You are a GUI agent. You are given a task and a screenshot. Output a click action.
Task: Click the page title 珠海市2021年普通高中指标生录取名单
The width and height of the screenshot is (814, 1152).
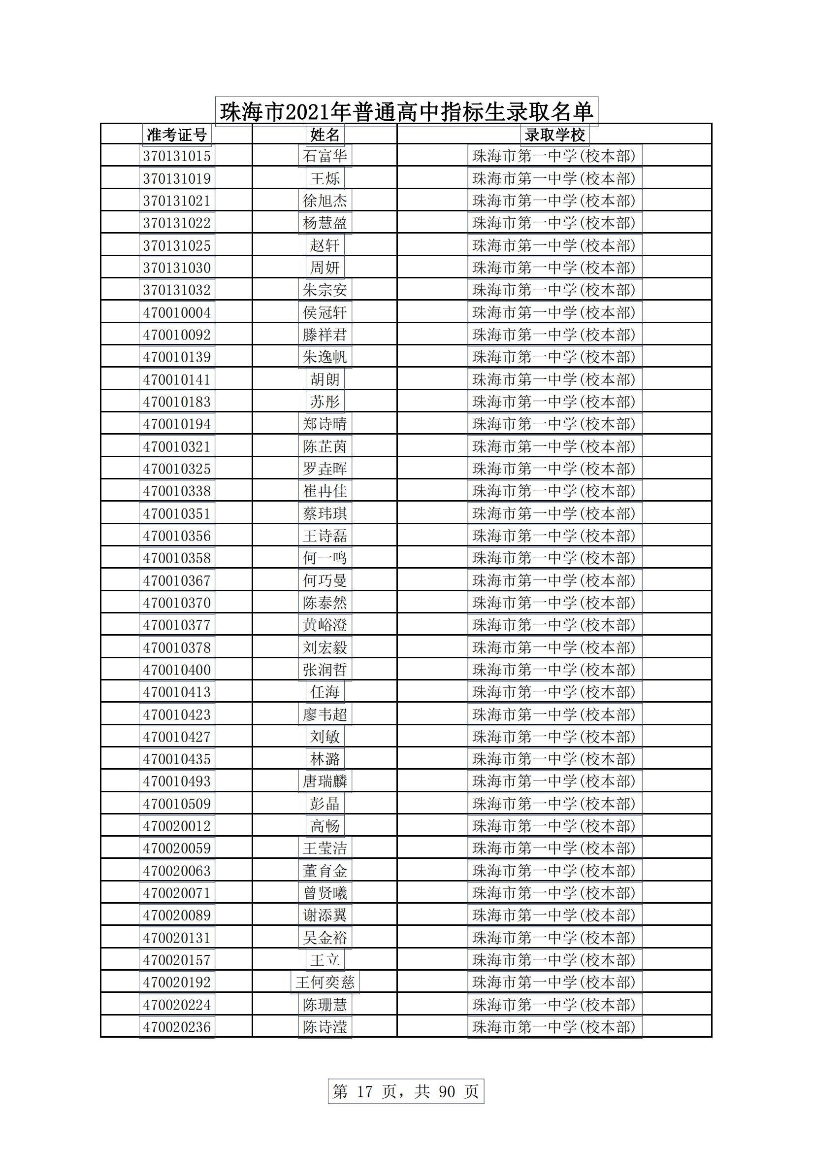(406, 111)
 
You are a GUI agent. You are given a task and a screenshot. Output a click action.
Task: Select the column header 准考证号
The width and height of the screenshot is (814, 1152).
(177, 135)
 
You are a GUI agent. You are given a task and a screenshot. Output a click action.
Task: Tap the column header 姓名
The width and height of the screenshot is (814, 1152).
(325, 135)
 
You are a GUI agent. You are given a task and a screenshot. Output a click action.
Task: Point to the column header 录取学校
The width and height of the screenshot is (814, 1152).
(554, 135)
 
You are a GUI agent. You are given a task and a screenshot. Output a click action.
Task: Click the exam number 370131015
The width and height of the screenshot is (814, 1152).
(177, 156)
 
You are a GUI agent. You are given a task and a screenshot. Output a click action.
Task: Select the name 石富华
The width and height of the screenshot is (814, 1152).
(325, 156)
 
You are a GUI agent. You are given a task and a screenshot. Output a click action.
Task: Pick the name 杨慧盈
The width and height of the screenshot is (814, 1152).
(325, 223)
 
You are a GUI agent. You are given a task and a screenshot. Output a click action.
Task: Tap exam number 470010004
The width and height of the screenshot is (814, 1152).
(177, 312)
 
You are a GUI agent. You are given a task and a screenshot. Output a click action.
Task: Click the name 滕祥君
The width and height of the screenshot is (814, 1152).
(325, 335)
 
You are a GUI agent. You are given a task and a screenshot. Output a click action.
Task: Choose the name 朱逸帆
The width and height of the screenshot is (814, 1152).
(325, 357)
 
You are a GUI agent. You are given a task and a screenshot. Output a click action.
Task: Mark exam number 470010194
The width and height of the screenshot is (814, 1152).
(177, 424)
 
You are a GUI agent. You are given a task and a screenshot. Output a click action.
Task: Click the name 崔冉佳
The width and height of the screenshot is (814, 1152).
(325, 491)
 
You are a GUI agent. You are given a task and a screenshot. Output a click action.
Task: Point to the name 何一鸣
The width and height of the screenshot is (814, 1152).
(325, 558)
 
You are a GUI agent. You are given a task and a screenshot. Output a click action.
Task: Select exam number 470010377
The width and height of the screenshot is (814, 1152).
(177, 625)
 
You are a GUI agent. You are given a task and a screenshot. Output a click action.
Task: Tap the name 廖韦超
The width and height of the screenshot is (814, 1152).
(325, 714)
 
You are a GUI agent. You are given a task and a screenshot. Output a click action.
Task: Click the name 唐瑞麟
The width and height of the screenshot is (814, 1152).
(325, 781)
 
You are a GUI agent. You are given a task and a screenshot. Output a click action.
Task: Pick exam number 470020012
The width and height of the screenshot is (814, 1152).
(177, 826)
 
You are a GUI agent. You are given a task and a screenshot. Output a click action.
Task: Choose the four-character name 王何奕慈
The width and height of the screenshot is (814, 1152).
(325, 983)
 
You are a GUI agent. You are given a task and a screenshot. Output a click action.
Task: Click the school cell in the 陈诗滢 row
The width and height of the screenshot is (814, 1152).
(554, 1027)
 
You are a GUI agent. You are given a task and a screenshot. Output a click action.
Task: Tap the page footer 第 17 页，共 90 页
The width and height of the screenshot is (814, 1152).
(406, 1091)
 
